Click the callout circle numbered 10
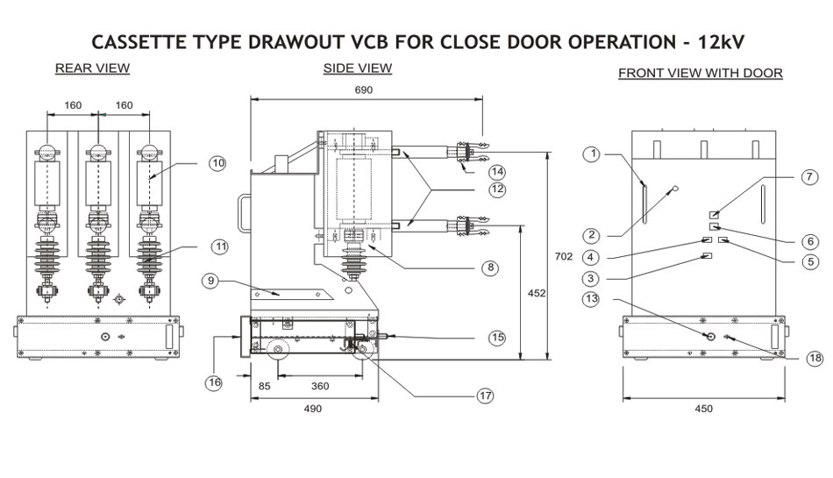click(218, 162)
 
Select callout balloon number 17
click(485, 396)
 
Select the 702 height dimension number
click(564, 257)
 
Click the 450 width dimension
click(703, 408)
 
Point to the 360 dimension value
click(320, 385)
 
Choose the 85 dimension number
click(262, 385)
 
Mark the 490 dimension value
click(312, 409)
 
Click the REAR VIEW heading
click(92, 68)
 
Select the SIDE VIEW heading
click(357, 68)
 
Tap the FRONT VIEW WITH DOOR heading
click(700, 73)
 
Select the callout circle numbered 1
click(593, 154)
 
